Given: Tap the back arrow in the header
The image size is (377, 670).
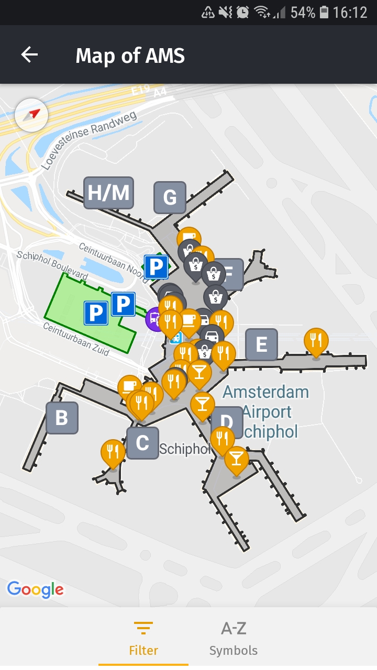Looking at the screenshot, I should [29, 54].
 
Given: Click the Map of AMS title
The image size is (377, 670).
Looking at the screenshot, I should [130, 55].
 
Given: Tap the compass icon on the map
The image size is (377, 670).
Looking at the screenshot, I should [32, 115].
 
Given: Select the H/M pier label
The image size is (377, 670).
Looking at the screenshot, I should [108, 193].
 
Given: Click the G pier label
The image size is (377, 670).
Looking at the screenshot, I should [170, 197].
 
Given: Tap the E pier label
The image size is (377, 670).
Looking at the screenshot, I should [261, 344].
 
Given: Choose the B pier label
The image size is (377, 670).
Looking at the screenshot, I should [62, 418].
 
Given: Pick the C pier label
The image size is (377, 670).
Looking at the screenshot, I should [142, 443].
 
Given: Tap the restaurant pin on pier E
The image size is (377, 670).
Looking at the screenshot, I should [316, 340].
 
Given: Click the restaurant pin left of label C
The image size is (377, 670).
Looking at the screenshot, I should [113, 451].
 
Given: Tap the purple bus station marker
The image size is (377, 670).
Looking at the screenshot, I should [154, 318].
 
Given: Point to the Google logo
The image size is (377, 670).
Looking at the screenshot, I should [35, 589].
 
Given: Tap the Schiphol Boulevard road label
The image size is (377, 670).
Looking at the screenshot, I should [52, 265].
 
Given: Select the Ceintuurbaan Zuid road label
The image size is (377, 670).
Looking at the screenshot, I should [76, 339].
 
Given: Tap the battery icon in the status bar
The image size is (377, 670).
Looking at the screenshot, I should [325, 12].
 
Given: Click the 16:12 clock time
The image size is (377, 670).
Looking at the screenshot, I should [350, 12].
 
